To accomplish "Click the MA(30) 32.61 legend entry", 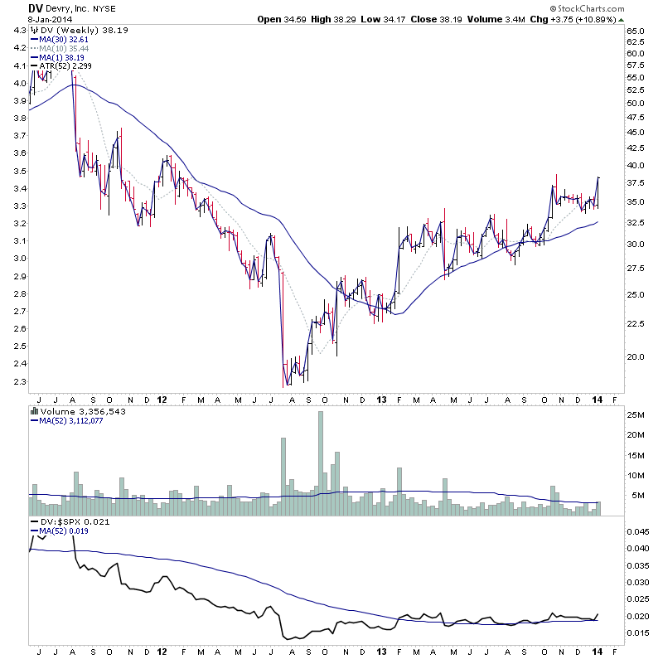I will pyautogui.click(x=63, y=39).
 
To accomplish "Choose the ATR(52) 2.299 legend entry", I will pyautogui.click(x=67, y=65).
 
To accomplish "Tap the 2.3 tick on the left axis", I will pyautogui.click(x=17, y=381).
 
